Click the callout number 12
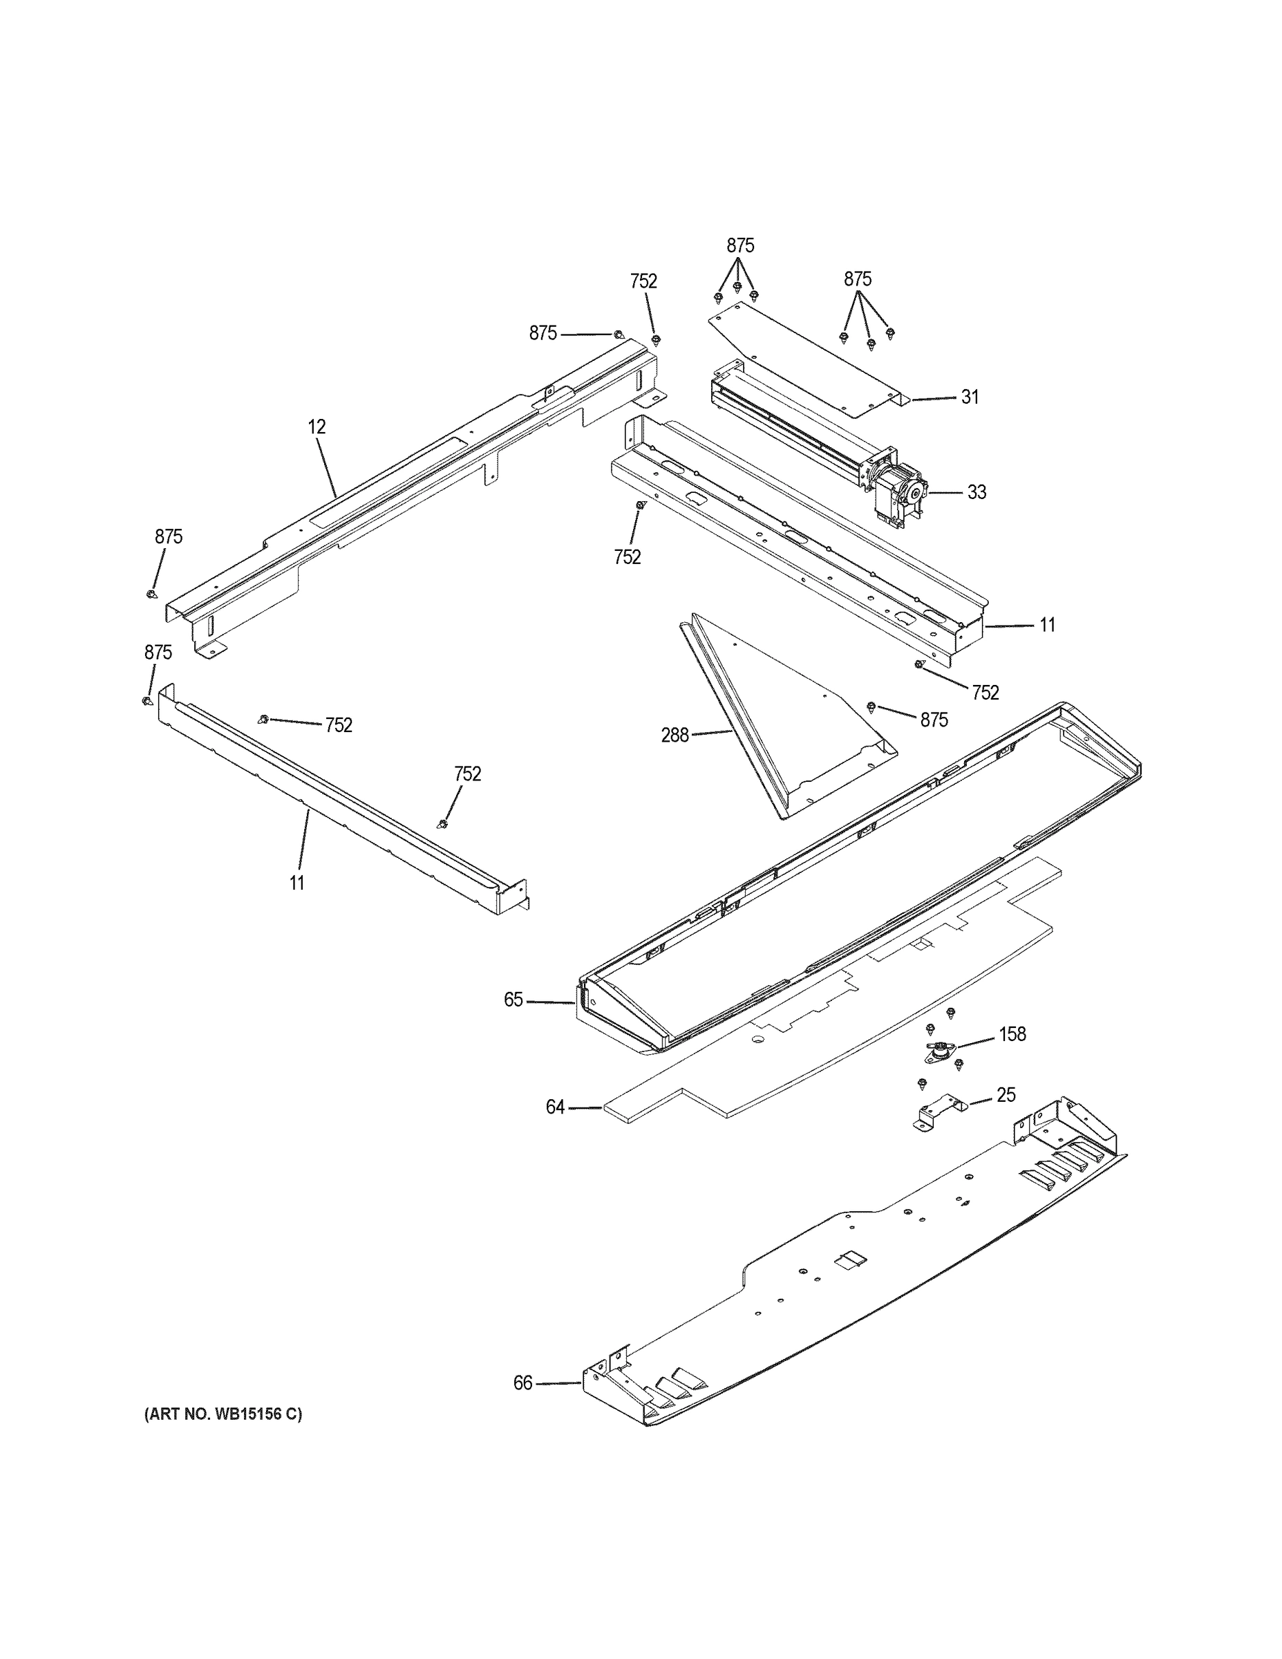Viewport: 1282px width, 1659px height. point(317,427)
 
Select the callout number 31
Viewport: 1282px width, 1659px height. point(970,397)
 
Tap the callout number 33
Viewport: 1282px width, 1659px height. point(976,492)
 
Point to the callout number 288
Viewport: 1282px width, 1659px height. point(675,735)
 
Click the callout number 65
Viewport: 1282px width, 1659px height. point(513,1000)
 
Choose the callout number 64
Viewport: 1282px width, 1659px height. point(555,1107)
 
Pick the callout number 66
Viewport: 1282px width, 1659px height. point(522,1383)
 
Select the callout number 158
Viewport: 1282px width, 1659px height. point(1012,1034)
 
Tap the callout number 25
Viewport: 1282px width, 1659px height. point(1006,1095)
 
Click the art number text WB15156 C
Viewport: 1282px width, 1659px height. point(223,1414)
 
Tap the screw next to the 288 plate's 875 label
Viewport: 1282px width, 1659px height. point(871,707)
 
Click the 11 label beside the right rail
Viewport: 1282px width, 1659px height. point(1047,625)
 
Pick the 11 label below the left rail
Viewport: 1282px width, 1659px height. point(296,883)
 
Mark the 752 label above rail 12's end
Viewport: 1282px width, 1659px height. point(643,281)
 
